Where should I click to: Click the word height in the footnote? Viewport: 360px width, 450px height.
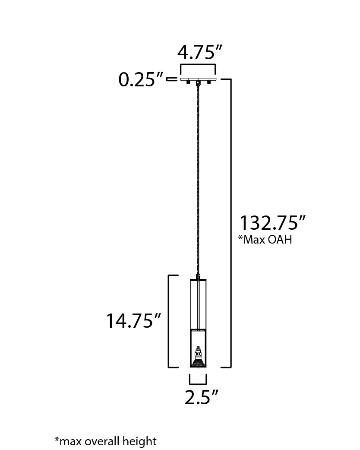140,441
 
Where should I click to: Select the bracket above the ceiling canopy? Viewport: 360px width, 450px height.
198,66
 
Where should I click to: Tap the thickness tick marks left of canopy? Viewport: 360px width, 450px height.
172,79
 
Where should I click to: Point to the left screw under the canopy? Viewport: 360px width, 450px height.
188,82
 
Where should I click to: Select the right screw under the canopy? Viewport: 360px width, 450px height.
208,82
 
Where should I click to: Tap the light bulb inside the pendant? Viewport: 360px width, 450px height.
198,356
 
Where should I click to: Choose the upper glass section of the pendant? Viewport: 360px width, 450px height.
198,304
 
